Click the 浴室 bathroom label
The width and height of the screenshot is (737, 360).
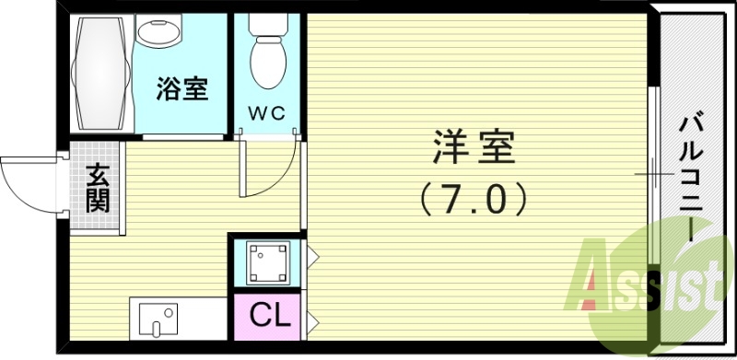coord(181,89)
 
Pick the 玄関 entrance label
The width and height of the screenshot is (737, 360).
coord(97,188)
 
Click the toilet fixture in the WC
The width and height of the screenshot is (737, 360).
coord(269,57)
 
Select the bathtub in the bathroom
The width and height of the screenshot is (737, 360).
coord(100,75)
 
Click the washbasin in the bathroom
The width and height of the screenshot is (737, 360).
coord(159,30)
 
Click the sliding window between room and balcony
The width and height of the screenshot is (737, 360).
coord(653,175)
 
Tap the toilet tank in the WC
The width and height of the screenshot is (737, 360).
coord(269,25)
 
